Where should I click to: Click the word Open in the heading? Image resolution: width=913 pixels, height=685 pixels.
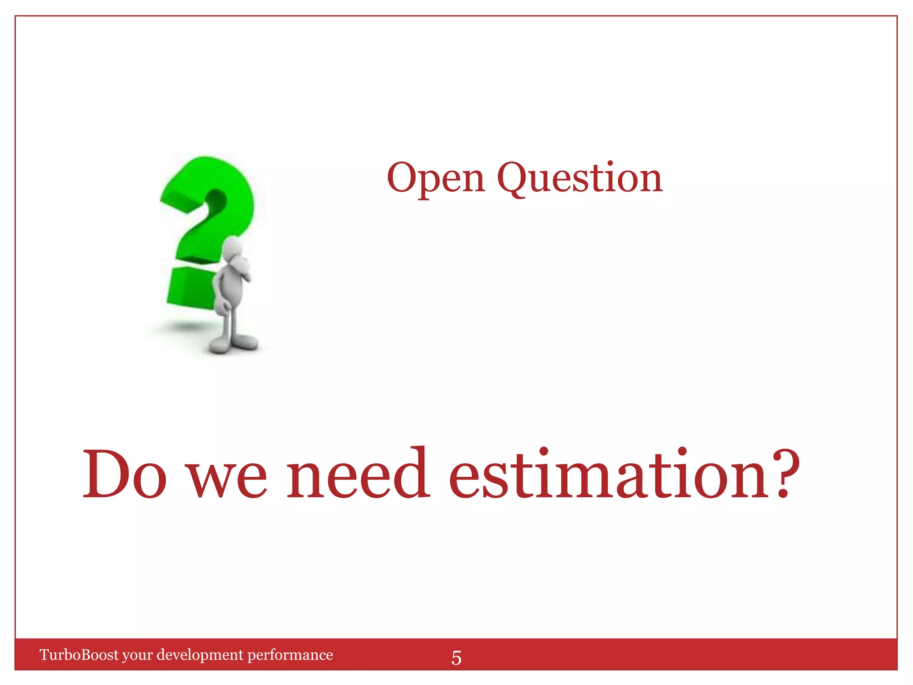coord(436,178)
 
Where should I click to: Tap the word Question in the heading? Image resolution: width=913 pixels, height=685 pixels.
coord(580,178)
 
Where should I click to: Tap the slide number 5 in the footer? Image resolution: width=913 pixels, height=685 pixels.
coord(456,658)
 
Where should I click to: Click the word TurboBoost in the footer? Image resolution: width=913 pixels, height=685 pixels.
coord(79,655)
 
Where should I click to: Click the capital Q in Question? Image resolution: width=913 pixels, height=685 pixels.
coord(514,178)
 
